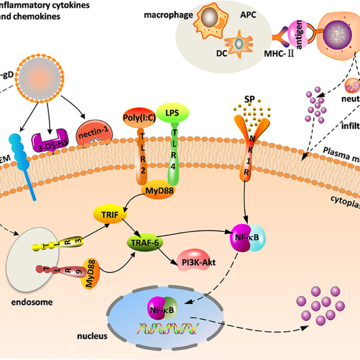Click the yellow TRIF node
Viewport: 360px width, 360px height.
[111, 213]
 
